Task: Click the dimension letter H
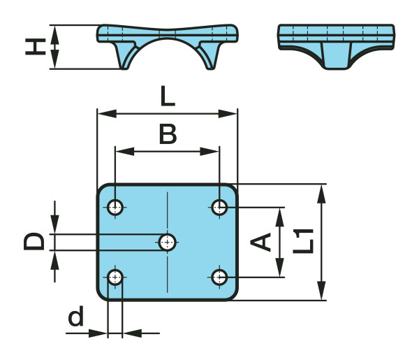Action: [35, 47]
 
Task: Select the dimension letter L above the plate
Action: [168, 96]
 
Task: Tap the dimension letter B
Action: [168, 134]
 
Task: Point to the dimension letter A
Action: [261, 242]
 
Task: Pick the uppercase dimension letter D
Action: [35, 241]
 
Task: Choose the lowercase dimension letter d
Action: [77, 318]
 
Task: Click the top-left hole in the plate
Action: [115, 207]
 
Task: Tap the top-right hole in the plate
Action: [220, 207]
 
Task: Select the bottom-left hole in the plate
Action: [115, 277]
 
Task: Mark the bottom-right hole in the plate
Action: [220, 277]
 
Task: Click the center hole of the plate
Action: [167, 242]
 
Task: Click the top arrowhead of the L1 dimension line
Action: [322, 191]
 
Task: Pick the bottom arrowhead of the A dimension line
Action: [280, 271]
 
